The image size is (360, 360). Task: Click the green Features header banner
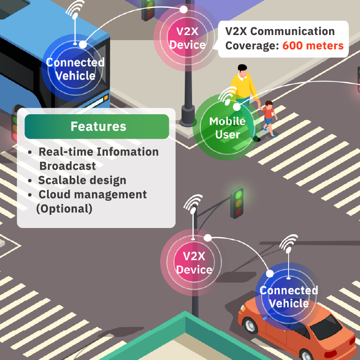click(x=97, y=127)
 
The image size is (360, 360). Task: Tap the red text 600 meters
click(x=313, y=46)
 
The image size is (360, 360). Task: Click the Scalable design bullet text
click(x=82, y=180)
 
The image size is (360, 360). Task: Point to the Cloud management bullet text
click(x=92, y=195)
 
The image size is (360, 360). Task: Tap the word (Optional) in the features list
click(x=64, y=209)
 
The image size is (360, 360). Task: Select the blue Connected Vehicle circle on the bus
click(x=75, y=68)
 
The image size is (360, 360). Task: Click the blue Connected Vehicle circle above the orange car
click(x=288, y=296)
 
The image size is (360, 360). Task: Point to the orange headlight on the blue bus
click(x=106, y=97)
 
